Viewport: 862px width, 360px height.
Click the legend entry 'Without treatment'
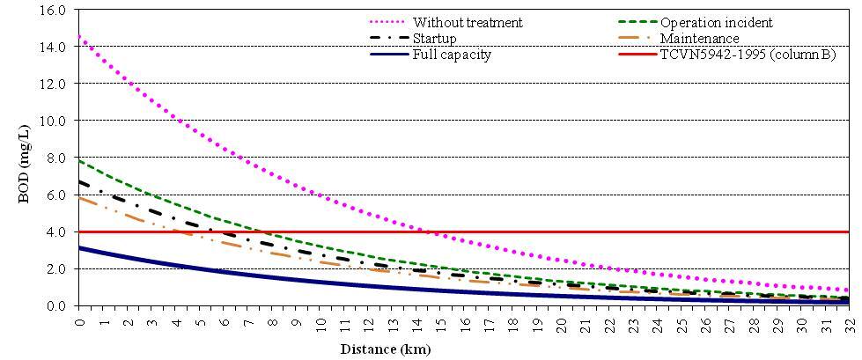point(467,22)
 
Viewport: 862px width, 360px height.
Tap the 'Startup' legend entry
point(435,39)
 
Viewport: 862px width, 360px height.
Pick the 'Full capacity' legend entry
point(452,55)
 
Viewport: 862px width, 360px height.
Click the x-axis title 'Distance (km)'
point(386,349)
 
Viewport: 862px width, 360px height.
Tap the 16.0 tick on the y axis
point(54,10)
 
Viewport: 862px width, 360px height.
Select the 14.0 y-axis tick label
point(54,47)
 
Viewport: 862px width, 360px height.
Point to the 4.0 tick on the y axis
point(57,231)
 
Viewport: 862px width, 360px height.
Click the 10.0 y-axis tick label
point(54,121)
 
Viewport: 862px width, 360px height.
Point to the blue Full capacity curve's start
point(79,247)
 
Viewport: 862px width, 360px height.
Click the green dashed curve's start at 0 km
point(79,160)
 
